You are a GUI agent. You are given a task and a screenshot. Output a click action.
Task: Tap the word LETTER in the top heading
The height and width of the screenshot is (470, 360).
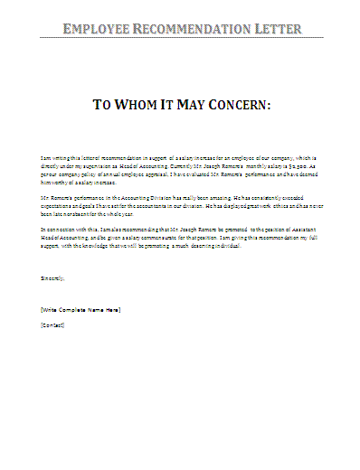[276, 29]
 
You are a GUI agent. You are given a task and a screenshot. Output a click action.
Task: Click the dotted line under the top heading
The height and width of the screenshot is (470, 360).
[180, 39]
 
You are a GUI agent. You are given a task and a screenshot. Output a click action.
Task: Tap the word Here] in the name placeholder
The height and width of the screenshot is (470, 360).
[112, 309]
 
